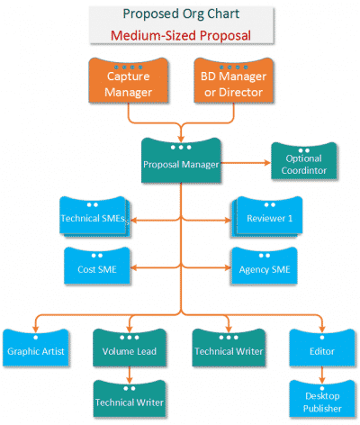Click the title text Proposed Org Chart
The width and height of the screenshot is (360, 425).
tap(180, 14)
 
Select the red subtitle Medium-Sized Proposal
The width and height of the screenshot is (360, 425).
tap(180, 36)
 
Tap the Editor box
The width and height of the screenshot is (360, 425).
tap(321, 349)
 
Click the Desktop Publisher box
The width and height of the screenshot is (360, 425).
tap(321, 400)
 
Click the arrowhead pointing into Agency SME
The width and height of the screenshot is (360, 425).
tap(226, 267)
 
